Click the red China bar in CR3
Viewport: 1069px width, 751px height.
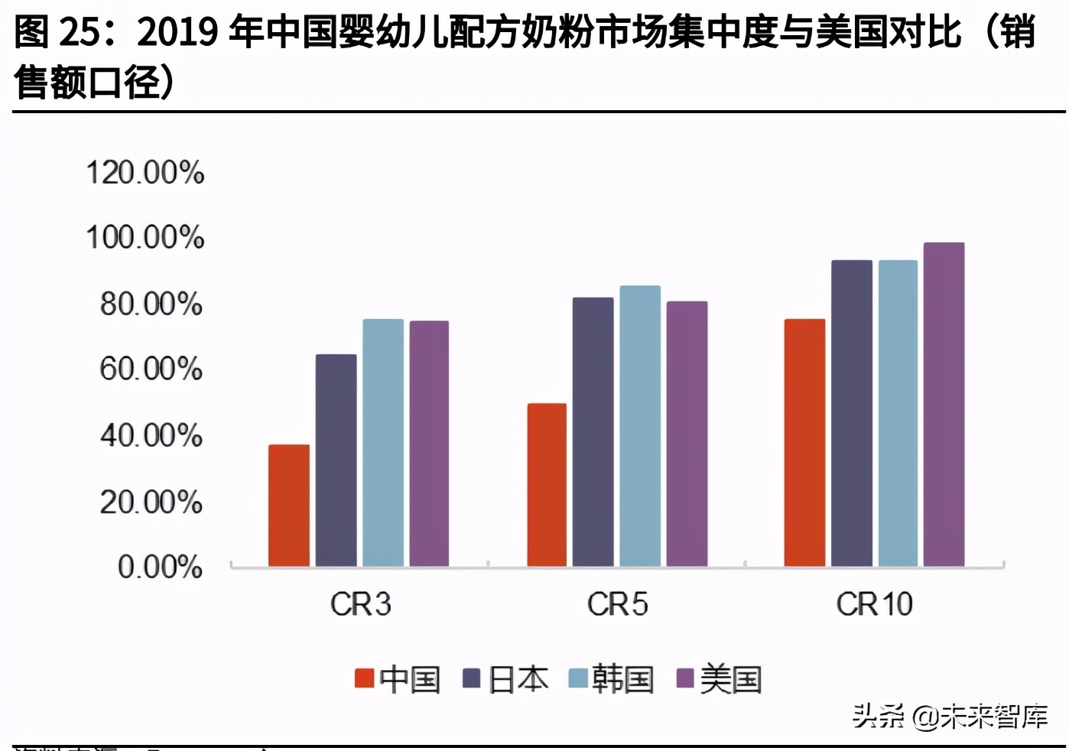(x=289, y=506)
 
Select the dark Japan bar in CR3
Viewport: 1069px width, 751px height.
(x=336, y=460)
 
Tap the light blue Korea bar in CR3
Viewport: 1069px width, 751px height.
(x=383, y=443)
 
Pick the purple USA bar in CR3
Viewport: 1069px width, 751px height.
(x=429, y=444)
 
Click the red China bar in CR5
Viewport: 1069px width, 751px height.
(x=547, y=485)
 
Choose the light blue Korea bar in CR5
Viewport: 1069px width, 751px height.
(x=640, y=426)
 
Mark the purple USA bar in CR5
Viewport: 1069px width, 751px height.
(x=687, y=434)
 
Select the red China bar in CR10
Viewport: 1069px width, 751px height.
(x=804, y=443)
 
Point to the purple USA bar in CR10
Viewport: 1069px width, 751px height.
(x=944, y=405)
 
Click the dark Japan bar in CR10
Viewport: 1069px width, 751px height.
(x=852, y=414)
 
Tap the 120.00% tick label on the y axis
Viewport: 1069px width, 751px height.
(x=145, y=173)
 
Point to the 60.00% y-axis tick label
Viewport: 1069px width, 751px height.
(x=151, y=369)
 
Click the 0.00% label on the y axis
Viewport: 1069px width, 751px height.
(x=160, y=567)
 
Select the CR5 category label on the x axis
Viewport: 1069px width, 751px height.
(x=617, y=605)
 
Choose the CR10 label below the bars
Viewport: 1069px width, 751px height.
(x=874, y=605)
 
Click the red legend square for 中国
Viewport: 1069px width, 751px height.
(x=364, y=678)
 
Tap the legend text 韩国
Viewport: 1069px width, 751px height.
(x=622, y=679)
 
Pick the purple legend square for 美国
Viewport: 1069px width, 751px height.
(x=685, y=678)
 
